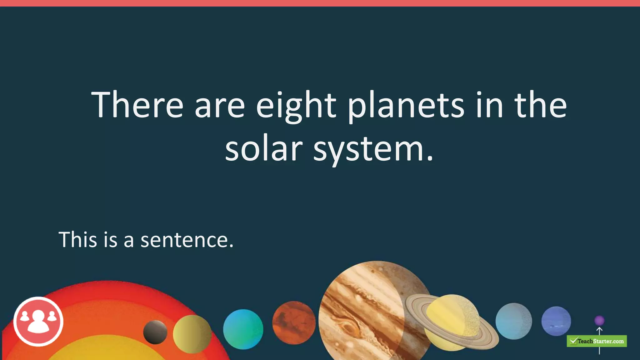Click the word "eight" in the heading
click(x=296, y=105)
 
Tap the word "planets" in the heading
click(x=406, y=105)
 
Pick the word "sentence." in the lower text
click(x=187, y=240)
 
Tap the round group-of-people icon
click(x=38, y=321)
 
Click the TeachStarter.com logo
click(x=597, y=341)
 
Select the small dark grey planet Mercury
click(x=155, y=332)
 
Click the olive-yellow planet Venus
click(x=192, y=334)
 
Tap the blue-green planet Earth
click(x=243, y=329)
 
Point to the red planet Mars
click(x=294, y=323)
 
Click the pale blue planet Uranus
click(x=513, y=321)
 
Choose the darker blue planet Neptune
click(x=556, y=321)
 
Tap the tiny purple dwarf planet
click(x=599, y=320)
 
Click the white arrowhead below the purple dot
click(x=599, y=330)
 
